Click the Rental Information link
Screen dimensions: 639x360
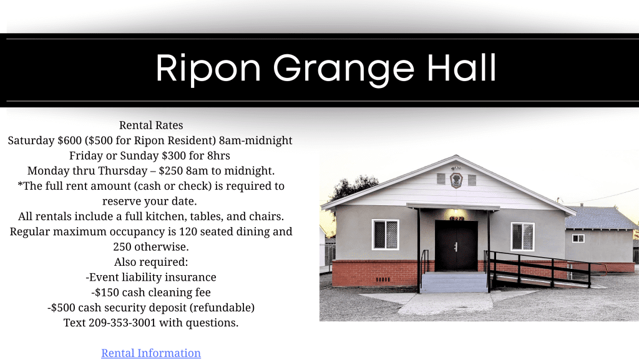point(151,353)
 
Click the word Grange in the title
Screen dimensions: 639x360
point(344,69)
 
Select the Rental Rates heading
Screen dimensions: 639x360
point(151,125)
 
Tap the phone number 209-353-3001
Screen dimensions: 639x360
point(122,323)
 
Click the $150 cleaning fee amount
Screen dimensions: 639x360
point(107,293)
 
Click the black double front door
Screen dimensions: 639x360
point(456,246)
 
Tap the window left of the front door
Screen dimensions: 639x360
point(385,235)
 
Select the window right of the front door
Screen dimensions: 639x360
point(522,236)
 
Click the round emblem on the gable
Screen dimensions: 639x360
point(456,180)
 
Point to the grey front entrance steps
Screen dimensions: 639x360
point(454,282)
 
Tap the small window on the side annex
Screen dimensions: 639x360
point(578,238)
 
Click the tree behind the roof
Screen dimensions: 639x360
point(351,187)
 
